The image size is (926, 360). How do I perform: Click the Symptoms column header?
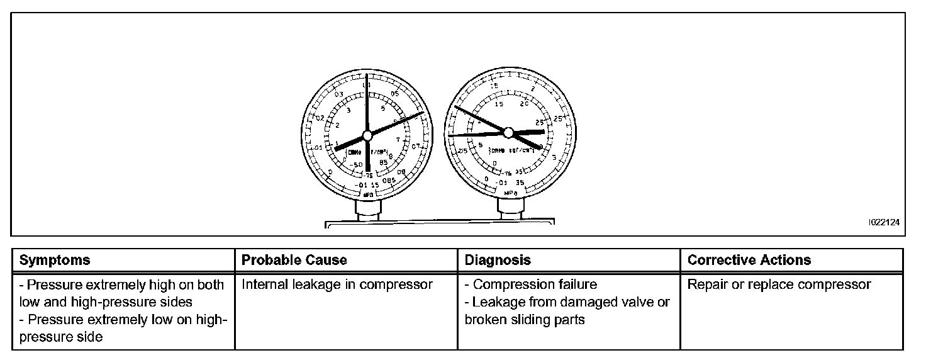point(55,260)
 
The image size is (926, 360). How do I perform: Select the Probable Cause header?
point(294,260)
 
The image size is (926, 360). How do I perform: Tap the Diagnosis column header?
point(498,260)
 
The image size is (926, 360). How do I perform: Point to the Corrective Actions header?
point(749,260)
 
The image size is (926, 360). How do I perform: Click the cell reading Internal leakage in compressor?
point(337,284)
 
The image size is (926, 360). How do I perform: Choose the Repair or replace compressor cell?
point(779,284)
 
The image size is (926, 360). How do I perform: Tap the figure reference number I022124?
point(884,222)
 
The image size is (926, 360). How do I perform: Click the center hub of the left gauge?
point(367,135)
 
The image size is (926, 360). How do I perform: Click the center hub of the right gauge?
point(509,132)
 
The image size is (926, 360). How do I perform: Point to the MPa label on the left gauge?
point(368,195)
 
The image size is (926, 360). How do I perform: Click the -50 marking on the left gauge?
point(357,165)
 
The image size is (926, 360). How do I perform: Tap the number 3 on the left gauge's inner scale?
point(348,111)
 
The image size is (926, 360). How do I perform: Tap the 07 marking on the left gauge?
point(415,147)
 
